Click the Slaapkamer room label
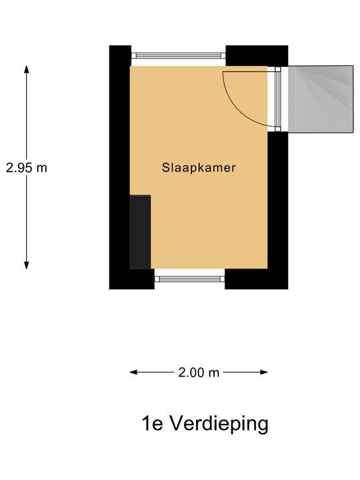tap(199, 168)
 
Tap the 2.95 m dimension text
tap(27, 168)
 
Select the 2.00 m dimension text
tap(199, 373)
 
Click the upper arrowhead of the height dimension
tap(27, 69)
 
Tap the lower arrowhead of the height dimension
tap(27, 265)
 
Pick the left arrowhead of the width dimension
tap(134, 372)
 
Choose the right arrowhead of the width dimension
tap(264, 372)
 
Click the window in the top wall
tap(179, 55)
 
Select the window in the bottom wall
tap(190, 279)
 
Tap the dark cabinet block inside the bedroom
tap(140, 232)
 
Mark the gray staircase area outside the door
tap(321, 99)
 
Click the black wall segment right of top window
tap(257, 56)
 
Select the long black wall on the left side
tap(120, 167)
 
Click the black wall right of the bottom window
tap(257, 279)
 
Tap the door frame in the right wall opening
tap(277, 99)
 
